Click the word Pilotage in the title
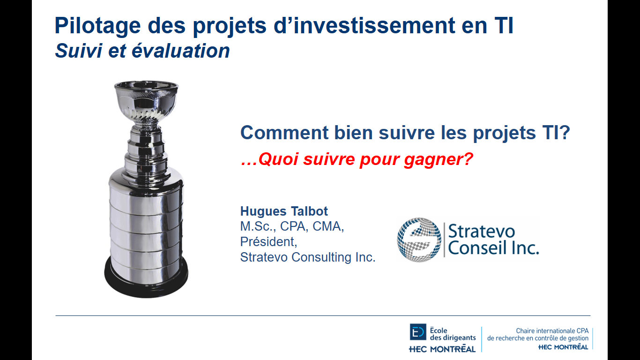pyautogui.click(x=97, y=26)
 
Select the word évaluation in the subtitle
pyautogui.click(x=180, y=51)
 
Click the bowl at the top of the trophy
pyautogui.click(x=146, y=100)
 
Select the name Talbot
pyautogui.click(x=309, y=211)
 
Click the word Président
pyautogui.click(x=268, y=241)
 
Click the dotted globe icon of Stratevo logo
pyautogui.click(x=419, y=240)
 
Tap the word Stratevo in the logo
pyautogui.click(x=482, y=231)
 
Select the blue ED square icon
pyautogui.click(x=418, y=332)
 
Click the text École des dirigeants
pyautogui.click(x=453, y=334)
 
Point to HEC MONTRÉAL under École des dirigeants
pyautogui.click(x=442, y=349)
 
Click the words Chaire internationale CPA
pyautogui.click(x=552, y=331)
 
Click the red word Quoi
pyautogui.click(x=279, y=159)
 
